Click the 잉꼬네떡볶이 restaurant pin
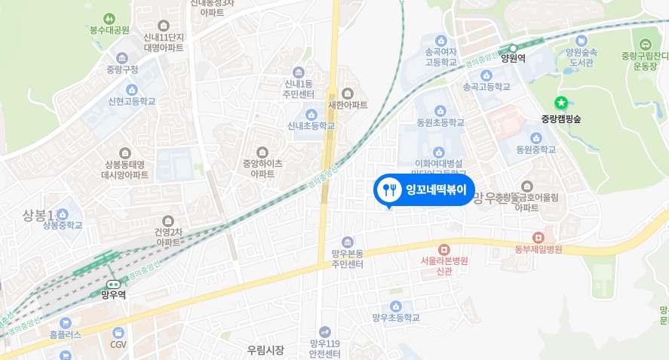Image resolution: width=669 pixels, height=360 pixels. tap(424, 189)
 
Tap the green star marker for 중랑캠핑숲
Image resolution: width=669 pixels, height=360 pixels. tap(560, 103)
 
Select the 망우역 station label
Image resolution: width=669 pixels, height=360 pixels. tap(113, 295)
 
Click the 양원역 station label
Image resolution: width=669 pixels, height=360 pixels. tap(512, 57)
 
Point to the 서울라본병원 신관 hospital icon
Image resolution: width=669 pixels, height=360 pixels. tap(444, 249)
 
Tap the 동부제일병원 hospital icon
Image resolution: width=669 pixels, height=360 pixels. tap(539, 237)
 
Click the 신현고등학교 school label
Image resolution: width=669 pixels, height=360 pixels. tap(131, 100)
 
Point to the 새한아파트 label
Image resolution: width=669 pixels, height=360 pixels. tap(348, 105)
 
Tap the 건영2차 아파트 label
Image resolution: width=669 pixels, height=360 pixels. tap(167, 237)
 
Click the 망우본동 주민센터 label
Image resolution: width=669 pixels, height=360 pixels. tap(347, 259)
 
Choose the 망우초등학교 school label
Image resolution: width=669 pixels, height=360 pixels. tap(396, 318)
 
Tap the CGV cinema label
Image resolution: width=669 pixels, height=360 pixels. tap(118, 344)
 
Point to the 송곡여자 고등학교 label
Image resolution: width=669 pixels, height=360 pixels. tap(441, 57)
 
